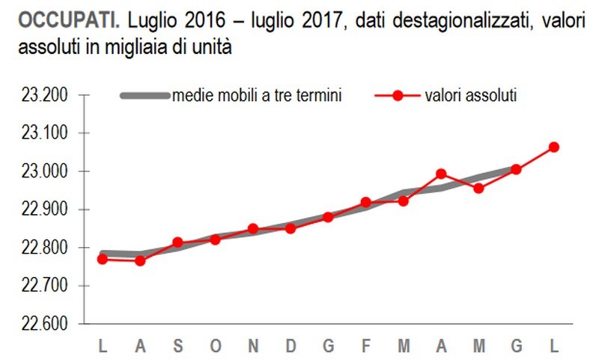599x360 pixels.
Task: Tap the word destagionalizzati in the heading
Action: pos(443,21)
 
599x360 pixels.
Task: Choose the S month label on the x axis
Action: pos(177,346)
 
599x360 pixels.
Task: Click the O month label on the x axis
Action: pos(215,346)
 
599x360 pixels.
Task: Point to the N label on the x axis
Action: pos(253,346)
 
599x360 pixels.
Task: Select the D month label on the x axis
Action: pos(291,346)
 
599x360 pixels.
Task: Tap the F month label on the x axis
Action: pos(366,346)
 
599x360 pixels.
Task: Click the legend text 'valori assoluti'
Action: pos(471,96)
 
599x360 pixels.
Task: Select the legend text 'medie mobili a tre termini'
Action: pos(258,96)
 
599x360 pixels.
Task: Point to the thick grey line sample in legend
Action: pos(145,96)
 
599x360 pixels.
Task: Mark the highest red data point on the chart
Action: pos(554,147)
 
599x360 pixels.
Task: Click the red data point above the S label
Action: pos(177,242)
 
